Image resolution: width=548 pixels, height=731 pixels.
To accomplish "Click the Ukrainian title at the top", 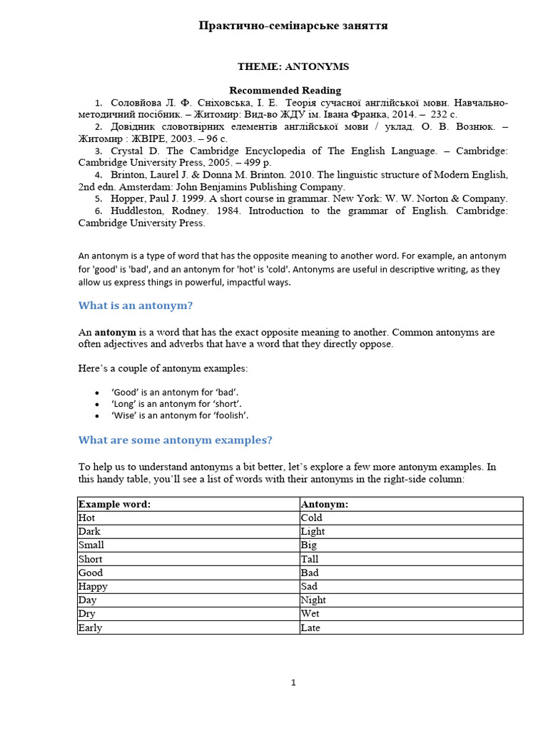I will pos(293,26).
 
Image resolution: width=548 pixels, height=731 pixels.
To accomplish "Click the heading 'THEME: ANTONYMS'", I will pos(293,66).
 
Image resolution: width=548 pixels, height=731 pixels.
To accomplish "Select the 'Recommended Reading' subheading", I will pos(285,91).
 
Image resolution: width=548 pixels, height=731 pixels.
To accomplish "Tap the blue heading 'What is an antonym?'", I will pos(136,306).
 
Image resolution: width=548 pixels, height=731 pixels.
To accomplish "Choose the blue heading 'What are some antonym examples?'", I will pos(175,440).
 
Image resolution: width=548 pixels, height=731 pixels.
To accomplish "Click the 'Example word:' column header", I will pos(114,504).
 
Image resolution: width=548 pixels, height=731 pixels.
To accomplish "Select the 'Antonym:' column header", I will pos(324,504).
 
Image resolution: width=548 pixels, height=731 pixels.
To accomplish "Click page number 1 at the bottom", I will pos(293,682).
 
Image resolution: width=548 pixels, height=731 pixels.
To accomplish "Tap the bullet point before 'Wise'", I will pos(96,415).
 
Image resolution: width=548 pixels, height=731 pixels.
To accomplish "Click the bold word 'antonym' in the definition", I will pos(116,332).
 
